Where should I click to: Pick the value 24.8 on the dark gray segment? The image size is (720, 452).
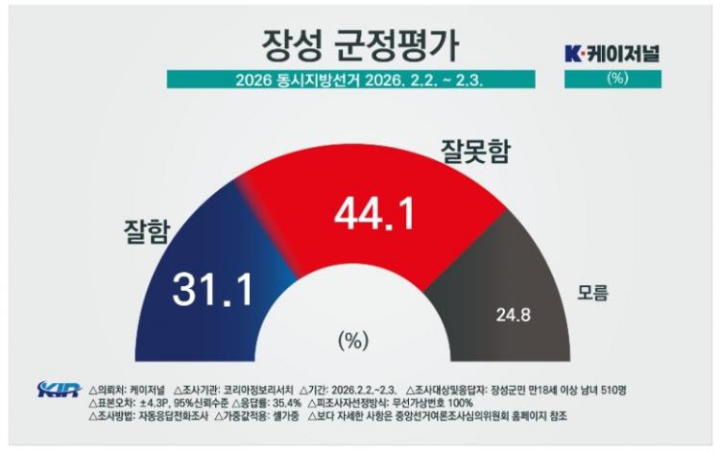(511, 313)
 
